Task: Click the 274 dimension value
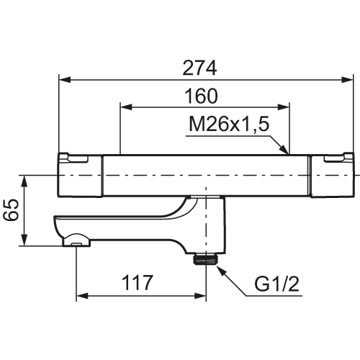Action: coord(199,68)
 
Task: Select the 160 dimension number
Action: coord(201,96)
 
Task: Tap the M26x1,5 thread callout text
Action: coord(229,125)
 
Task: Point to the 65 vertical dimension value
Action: coord(11,210)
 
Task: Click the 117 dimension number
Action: coord(138,282)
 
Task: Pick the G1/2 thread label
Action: coord(276,284)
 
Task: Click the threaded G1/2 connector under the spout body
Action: coord(206,259)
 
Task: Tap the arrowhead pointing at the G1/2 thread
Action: coord(221,270)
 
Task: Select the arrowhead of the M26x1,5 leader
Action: coord(283,148)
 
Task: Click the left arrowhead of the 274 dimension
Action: coord(65,80)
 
